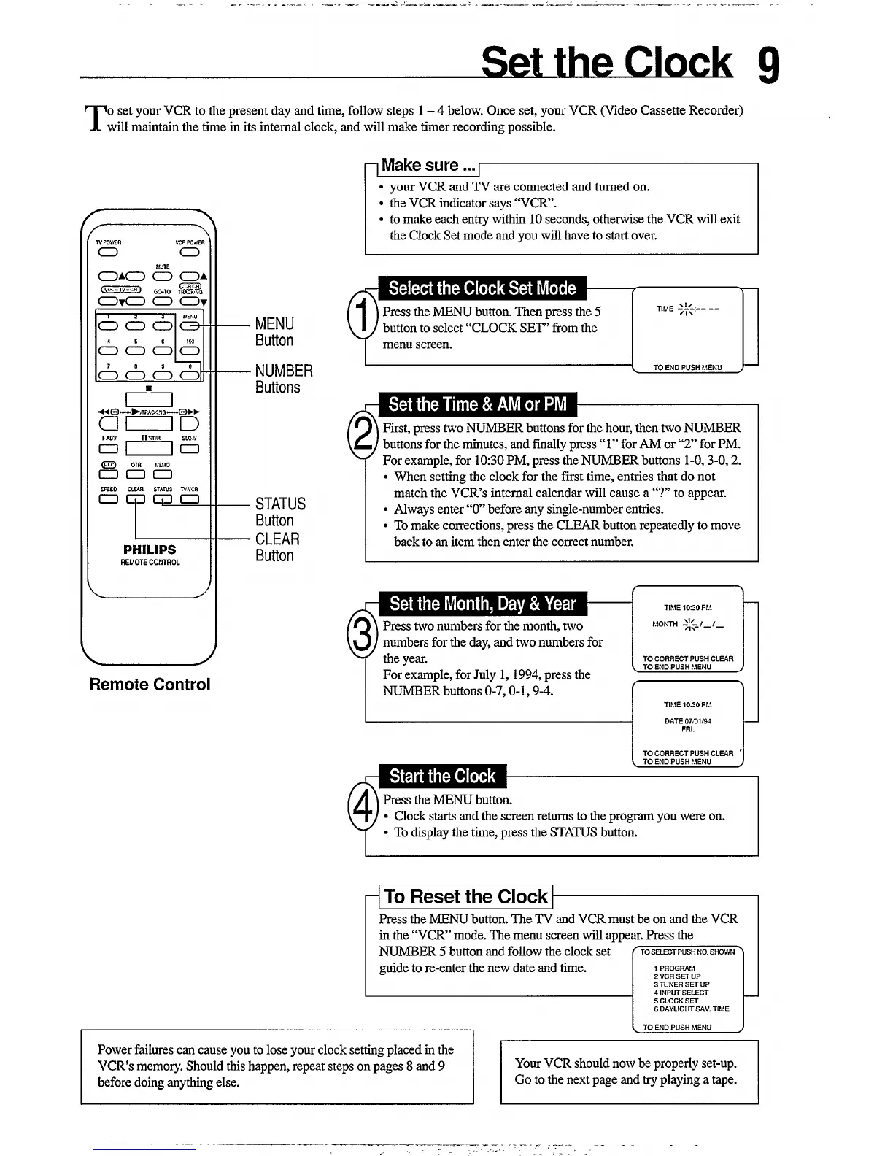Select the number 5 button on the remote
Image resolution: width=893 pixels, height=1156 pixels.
[136, 351]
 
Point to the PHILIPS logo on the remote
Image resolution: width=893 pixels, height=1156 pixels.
[150, 550]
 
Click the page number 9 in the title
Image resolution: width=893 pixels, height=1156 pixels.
[768, 64]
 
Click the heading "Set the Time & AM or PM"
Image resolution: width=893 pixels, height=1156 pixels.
[477, 404]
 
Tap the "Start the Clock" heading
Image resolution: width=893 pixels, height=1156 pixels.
[442, 776]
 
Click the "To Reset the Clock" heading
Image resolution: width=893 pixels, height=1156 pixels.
[465, 896]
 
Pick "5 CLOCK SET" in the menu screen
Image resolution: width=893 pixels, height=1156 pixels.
[676, 1001]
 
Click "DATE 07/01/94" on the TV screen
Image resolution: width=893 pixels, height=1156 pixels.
[687, 721]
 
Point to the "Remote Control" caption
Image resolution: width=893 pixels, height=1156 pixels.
[150, 685]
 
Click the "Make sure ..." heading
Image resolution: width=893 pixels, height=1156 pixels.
[420, 166]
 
